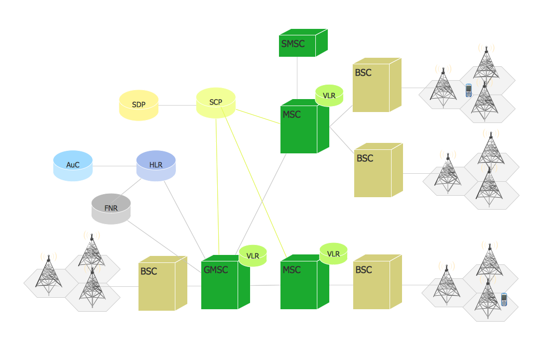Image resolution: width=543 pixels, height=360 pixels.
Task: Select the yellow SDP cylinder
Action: coord(138,105)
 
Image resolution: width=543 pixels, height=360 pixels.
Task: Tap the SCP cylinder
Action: coord(216,103)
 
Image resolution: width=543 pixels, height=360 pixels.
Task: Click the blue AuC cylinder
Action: coord(73,165)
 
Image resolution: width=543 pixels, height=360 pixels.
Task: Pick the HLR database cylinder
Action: coord(156,165)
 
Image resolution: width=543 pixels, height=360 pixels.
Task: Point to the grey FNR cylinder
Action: coord(111,209)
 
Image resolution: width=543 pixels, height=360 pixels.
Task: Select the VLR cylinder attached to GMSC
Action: coord(253,256)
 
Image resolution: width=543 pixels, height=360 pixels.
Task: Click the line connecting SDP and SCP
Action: coord(177,105)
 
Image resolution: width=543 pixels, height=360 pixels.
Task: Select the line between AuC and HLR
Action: coord(115,166)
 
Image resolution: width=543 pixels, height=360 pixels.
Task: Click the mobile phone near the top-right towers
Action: coord(468,91)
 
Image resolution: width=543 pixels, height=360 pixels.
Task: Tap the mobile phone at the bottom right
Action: coord(504,300)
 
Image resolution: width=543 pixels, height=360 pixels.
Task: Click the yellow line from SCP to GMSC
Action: coord(217,189)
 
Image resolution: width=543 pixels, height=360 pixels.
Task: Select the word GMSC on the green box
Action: coord(216,270)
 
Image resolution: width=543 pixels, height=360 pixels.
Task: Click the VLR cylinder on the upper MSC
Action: coord(329,95)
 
